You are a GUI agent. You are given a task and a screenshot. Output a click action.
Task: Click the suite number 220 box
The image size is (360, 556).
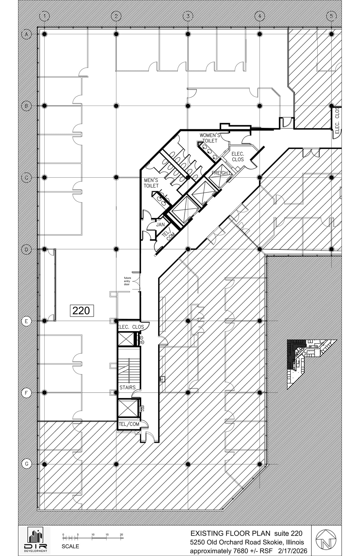[x=82, y=311]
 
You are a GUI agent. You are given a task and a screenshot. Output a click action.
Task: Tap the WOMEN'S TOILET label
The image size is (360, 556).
[x=210, y=138]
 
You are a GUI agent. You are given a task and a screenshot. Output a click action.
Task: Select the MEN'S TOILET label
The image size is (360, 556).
[x=151, y=183]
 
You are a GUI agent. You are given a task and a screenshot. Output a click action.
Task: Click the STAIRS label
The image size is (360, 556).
[x=127, y=387]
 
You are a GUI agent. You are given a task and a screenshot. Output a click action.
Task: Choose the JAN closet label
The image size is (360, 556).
[x=160, y=225]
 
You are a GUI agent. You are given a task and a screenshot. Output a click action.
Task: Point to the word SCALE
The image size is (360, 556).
[x=70, y=546]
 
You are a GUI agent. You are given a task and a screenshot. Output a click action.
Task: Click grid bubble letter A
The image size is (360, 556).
[x=26, y=34]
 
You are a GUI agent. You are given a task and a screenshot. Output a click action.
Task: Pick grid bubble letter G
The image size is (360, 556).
[x=26, y=464]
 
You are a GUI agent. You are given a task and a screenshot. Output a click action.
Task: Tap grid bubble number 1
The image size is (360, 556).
[x=45, y=16]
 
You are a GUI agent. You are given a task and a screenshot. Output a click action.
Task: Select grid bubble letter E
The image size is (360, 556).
[x=26, y=321]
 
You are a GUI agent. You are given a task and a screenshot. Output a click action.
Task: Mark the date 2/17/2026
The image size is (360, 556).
[x=293, y=551]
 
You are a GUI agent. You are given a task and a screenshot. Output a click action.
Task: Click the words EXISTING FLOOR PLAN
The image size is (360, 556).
[x=230, y=533]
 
